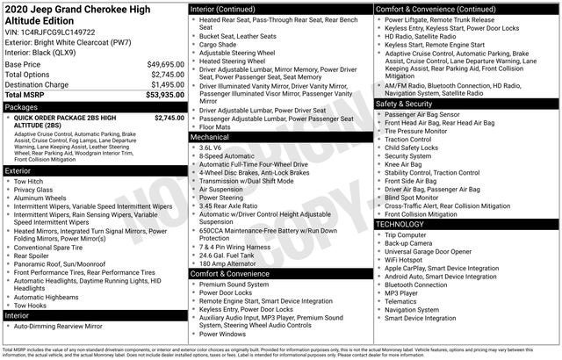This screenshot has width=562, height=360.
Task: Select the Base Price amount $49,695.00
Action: pos(164,64)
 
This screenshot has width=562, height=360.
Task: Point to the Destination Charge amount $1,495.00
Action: pos(166,84)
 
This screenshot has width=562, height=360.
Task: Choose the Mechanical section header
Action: pos(209,137)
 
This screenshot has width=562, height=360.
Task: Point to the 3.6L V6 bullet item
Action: pos(211,147)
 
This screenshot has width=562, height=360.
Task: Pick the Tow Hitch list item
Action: pos(29,181)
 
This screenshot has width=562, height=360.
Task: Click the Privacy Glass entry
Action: pos(33,189)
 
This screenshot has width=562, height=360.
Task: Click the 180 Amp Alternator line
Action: pos(227,263)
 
